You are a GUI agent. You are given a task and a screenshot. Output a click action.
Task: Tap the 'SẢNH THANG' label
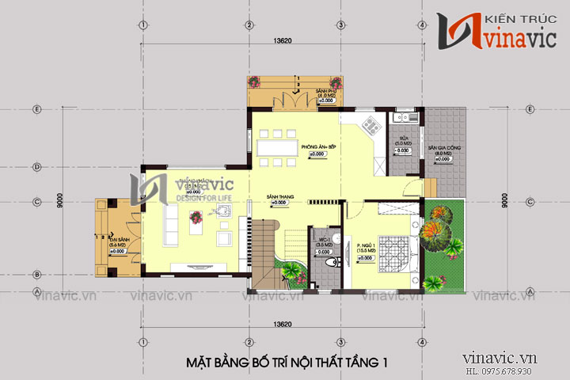coord(276,195)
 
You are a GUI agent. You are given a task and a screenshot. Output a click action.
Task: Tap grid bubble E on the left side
coord(37,109)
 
